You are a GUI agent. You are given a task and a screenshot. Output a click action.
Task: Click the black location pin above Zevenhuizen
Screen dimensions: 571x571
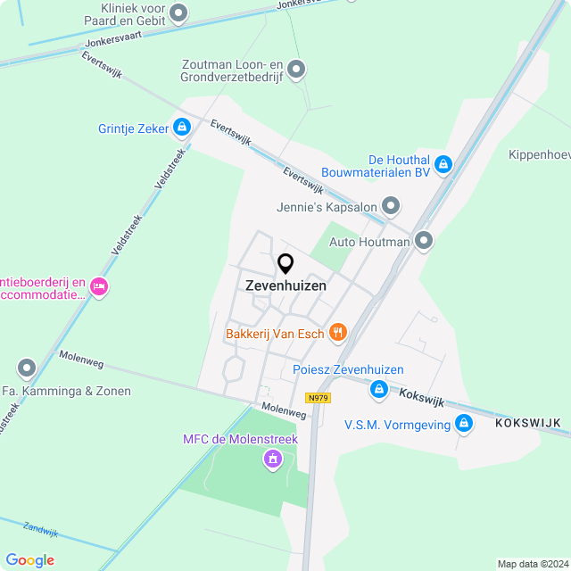pos(285,263)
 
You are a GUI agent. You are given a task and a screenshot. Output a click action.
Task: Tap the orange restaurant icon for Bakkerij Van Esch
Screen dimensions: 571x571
pos(337,334)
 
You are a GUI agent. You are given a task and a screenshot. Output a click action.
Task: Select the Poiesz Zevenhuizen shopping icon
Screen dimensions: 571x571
pos(379,388)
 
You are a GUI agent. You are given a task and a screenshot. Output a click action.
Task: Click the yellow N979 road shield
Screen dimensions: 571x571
pos(317,398)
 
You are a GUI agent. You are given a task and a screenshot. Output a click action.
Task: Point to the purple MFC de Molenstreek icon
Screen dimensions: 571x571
pos(272,459)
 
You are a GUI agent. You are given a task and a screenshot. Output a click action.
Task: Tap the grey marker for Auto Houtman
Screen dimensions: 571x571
pos(424,241)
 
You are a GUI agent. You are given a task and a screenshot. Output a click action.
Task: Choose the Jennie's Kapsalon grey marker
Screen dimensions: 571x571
pos(391,207)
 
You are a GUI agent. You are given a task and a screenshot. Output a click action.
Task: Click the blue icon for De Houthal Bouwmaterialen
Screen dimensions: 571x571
pos(443,165)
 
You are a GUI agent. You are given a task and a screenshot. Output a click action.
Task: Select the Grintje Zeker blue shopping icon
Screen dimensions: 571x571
pos(182,128)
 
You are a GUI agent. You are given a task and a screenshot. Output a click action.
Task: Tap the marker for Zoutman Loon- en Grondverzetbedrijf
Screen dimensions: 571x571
pos(297,69)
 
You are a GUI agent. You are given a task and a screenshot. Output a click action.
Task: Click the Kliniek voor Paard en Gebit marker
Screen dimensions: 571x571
pos(179,12)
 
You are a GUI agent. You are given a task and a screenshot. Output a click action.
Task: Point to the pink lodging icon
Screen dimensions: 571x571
pos(99,287)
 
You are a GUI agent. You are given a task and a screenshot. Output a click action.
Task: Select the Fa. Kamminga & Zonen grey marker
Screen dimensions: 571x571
pos(27,368)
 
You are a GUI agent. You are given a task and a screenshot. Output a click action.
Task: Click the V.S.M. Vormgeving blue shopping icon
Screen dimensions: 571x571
pos(463,424)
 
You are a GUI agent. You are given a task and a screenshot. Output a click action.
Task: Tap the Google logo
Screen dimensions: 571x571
pos(29,560)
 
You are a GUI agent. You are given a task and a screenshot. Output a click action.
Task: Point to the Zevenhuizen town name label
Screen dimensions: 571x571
pos(285,286)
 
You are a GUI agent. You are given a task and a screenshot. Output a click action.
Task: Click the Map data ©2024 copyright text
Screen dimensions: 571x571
pos(532,564)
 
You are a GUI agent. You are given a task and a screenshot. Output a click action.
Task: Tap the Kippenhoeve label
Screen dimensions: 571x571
pos(539,154)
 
